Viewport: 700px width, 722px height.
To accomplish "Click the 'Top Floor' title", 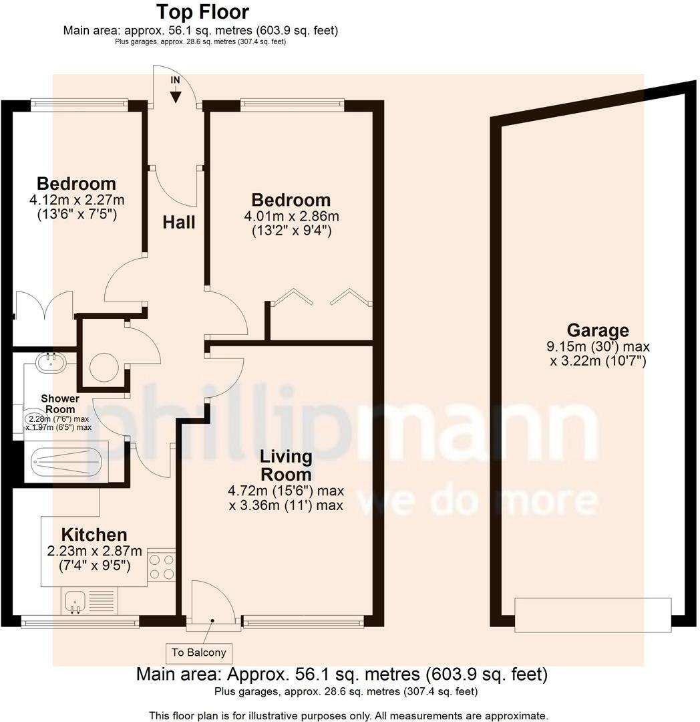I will click(202, 12).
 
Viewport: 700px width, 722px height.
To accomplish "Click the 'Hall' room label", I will click(179, 222).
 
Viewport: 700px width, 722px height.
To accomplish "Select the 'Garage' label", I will click(598, 330).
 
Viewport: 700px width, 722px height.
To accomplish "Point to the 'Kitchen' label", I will click(94, 535).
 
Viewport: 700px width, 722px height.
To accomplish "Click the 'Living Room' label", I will click(286, 466).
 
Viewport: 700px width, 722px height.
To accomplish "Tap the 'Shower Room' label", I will click(59, 404).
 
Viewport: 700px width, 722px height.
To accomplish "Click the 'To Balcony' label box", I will click(199, 652).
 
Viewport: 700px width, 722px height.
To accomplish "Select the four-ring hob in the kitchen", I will click(162, 566).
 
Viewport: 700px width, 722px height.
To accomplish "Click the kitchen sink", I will click(75, 601).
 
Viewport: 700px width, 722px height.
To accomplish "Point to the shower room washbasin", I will click(50, 362).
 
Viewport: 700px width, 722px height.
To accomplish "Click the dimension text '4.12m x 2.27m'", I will click(77, 199).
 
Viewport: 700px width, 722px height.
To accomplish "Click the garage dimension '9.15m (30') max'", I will click(598, 347).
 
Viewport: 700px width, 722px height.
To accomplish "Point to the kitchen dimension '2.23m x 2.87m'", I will click(94, 552).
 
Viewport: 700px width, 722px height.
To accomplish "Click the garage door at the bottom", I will click(592, 614).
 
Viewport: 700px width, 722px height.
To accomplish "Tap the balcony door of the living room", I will click(213, 605).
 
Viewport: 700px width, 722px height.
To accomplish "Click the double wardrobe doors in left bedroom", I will click(43, 308).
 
